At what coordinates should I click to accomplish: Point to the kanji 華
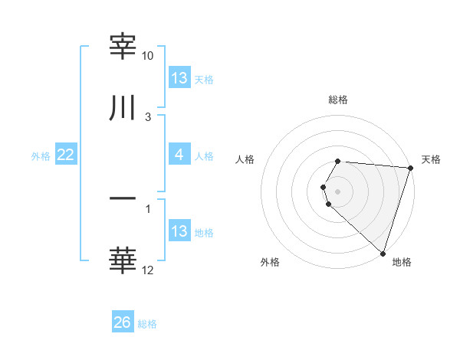pyautogui.click(x=123, y=260)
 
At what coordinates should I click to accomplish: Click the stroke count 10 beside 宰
pyautogui.click(x=148, y=56)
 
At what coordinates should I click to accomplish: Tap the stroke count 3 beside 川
pyautogui.click(x=148, y=116)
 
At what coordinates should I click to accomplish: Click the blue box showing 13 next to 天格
pyautogui.click(x=179, y=77)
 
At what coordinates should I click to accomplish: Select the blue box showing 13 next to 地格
pyautogui.click(x=179, y=231)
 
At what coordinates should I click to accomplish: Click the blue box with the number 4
pyautogui.click(x=179, y=155)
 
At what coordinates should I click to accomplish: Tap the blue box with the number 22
pyautogui.click(x=65, y=155)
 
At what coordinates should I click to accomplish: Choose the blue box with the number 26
pyautogui.click(x=122, y=322)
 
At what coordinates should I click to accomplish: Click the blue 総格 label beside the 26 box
pyautogui.click(x=147, y=324)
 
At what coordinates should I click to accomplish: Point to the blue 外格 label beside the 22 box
pyautogui.click(x=41, y=156)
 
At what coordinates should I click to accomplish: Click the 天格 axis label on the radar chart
pyautogui.click(x=431, y=159)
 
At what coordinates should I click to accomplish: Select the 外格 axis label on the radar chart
pyautogui.click(x=270, y=262)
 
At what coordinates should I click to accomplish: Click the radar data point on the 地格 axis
pyautogui.click(x=383, y=253)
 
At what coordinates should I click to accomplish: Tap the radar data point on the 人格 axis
pyautogui.click(x=324, y=187)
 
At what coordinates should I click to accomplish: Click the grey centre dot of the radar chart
pyautogui.click(x=337, y=191)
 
